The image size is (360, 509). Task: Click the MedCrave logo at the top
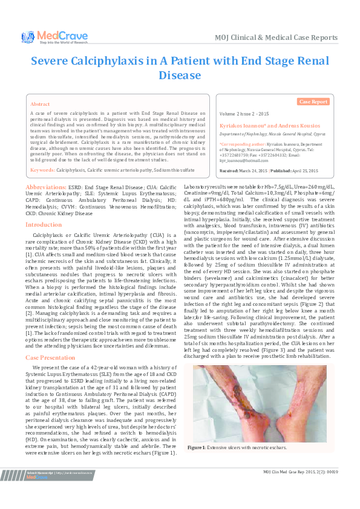pyautogui.click(x=48, y=37)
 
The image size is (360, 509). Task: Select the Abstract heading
pyautogui.click(x=40, y=104)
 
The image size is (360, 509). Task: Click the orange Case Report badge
pyautogui.click(x=313, y=102)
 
